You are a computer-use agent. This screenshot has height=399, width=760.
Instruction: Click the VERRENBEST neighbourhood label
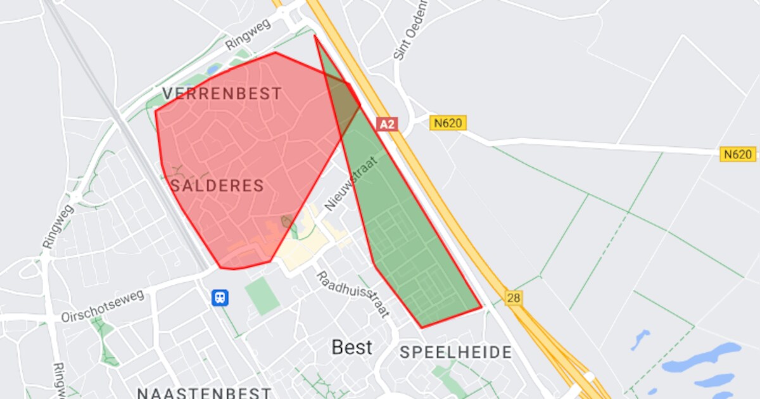click(x=222, y=94)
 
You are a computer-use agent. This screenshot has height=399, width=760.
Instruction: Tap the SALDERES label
click(x=217, y=186)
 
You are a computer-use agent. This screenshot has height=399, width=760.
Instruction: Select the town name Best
click(x=352, y=347)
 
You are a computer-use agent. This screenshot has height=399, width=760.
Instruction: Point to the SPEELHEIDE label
click(x=455, y=353)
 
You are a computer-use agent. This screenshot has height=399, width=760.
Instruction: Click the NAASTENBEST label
click(x=204, y=393)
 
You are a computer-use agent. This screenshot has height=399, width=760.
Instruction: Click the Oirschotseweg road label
click(x=103, y=307)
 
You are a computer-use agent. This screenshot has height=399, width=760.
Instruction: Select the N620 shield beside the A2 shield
click(x=448, y=123)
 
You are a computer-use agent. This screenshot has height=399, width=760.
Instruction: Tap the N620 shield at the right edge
click(x=738, y=154)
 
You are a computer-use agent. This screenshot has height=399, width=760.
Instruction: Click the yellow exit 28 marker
click(x=514, y=297)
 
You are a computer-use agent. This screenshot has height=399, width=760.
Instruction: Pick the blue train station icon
click(x=220, y=298)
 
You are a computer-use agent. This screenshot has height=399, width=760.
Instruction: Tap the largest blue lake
click(x=703, y=358)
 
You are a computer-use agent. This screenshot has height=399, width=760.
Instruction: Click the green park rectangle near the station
click(x=262, y=296)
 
